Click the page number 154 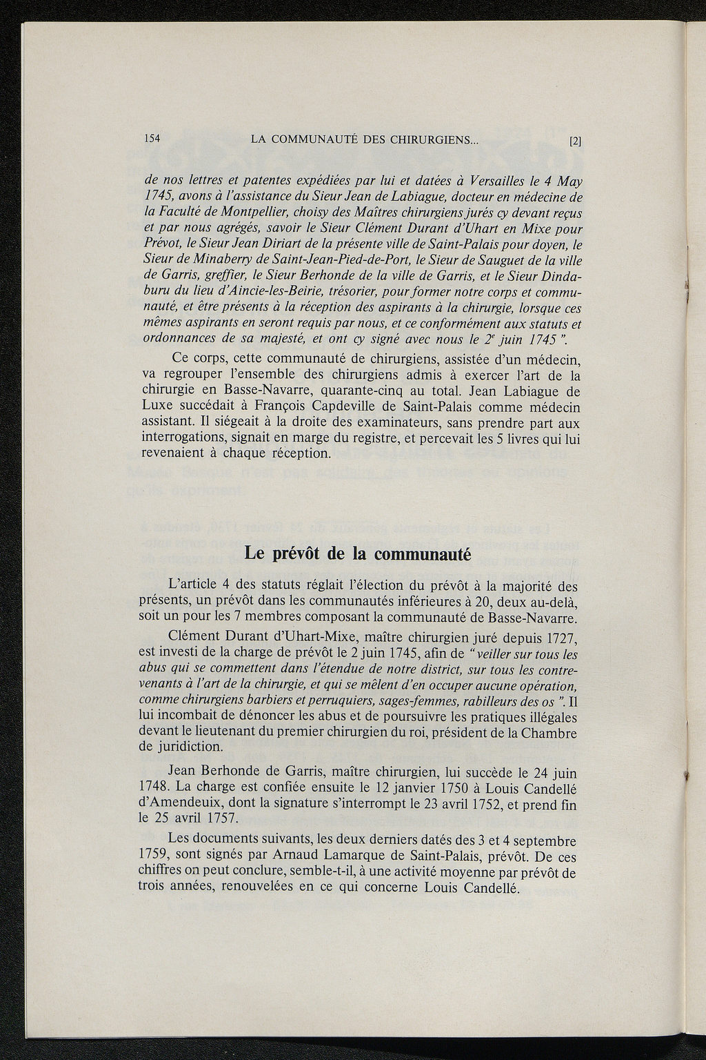point(152,137)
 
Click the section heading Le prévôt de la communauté point(357,555)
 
